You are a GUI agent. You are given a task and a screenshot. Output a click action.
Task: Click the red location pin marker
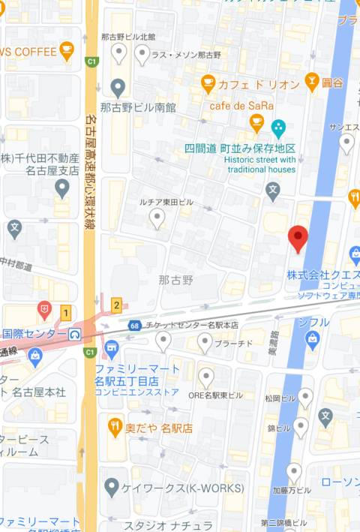tap(298, 239)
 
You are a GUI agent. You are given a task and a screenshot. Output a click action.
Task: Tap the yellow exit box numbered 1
tap(66, 312)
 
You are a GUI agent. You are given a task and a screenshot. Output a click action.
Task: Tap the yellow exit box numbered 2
tap(116, 305)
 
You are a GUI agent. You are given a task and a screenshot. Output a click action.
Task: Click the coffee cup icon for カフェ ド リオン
tap(208, 82)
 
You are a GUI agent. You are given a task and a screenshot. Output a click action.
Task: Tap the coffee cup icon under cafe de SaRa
tap(256, 122)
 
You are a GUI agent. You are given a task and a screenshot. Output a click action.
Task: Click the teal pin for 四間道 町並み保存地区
tap(279, 127)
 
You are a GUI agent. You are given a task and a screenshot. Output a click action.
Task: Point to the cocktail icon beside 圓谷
tap(312, 82)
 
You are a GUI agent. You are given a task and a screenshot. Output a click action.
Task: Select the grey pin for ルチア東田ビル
tap(157, 218)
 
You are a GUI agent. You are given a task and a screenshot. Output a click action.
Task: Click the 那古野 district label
tap(175, 280)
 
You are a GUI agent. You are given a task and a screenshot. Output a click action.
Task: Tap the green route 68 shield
tap(134, 325)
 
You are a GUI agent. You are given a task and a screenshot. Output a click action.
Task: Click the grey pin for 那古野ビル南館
tap(118, 89)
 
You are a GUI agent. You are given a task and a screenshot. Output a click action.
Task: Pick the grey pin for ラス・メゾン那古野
tap(142, 53)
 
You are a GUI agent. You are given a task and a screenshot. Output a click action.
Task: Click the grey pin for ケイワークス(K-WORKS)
tap(112, 488)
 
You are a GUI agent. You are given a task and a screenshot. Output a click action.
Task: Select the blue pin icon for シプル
tap(312, 340)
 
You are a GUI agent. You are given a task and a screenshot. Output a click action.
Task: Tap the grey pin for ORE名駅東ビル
tap(206, 378)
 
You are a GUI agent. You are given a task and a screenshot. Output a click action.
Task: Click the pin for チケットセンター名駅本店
tap(163, 342)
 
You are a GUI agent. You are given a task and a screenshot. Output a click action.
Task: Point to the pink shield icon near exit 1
tap(45, 308)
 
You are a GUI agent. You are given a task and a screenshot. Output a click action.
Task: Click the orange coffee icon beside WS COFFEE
tap(67, 50)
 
